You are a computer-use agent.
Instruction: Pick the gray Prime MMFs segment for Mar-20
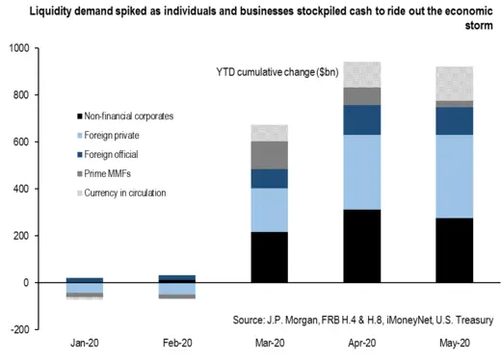tap(269, 154)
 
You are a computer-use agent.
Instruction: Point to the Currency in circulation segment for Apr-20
tap(362, 74)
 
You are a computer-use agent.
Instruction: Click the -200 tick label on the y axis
tap(17, 329)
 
